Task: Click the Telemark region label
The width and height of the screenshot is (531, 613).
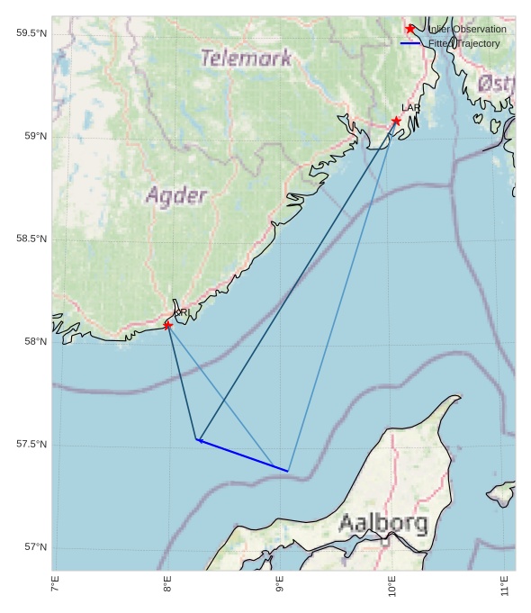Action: pyautogui.click(x=246, y=59)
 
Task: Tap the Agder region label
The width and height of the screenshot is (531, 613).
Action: pyautogui.click(x=176, y=195)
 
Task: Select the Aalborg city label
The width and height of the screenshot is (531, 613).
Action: pyautogui.click(x=382, y=524)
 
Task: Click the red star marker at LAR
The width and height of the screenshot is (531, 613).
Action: pyautogui.click(x=396, y=121)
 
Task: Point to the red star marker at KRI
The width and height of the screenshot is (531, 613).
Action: pyautogui.click(x=167, y=325)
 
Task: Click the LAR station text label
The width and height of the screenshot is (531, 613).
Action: pyautogui.click(x=410, y=108)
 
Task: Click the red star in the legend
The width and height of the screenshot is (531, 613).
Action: pyautogui.click(x=410, y=29)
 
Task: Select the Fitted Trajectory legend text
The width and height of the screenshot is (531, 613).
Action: pyautogui.click(x=464, y=43)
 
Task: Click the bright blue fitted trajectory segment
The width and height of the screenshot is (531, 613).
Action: pyautogui.click(x=243, y=455)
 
